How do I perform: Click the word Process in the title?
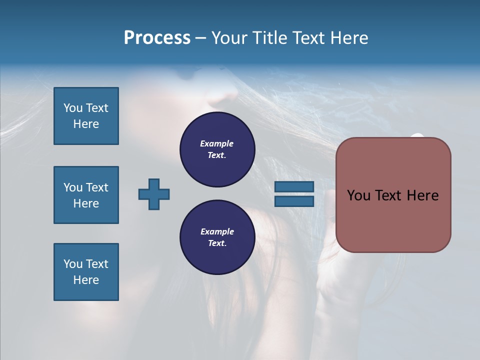click(x=157, y=38)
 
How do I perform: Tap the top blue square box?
click(x=86, y=116)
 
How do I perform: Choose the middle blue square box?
click(x=86, y=195)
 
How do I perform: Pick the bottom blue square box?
click(x=86, y=272)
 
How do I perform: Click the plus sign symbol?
click(x=154, y=194)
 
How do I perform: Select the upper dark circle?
click(x=217, y=149)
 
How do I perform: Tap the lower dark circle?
click(x=217, y=237)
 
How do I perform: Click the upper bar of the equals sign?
click(x=294, y=187)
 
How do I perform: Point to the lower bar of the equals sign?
click(x=294, y=201)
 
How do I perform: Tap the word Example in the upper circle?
click(x=216, y=143)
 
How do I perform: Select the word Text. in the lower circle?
click(x=217, y=243)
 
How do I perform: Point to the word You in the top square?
click(x=72, y=108)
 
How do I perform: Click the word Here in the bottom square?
click(x=86, y=280)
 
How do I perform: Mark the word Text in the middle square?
click(x=96, y=187)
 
